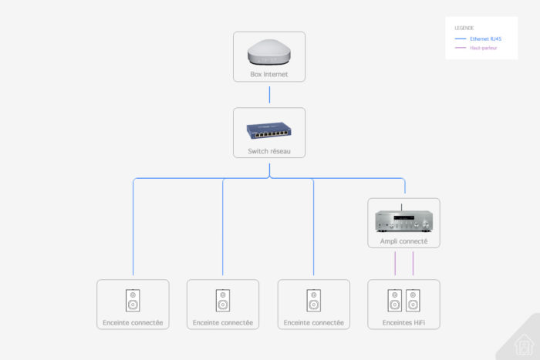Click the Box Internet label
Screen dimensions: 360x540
pos(268,75)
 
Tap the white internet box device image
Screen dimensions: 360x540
pos(268,52)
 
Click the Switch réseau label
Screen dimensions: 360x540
pos(268,151)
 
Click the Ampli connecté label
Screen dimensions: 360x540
pos(403,241)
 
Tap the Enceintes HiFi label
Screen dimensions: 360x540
pos(403,322)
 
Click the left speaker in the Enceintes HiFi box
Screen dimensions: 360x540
pos(395,300)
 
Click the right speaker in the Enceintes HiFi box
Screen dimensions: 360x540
pos(413,300)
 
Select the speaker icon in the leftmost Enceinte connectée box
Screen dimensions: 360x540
pos(133,300)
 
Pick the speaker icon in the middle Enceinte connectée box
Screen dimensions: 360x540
pos(223,300)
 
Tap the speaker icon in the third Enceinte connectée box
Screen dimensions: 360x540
pos(313,300)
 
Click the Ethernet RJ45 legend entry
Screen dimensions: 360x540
pos(485,38)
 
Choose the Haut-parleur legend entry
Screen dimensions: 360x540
pos(483,48)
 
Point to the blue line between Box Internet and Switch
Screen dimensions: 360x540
pos(269,95)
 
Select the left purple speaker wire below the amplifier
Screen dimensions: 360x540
pos(395,263)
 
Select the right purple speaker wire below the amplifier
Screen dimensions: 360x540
pos(413,263)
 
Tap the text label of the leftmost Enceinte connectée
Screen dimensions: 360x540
pos(133,322)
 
